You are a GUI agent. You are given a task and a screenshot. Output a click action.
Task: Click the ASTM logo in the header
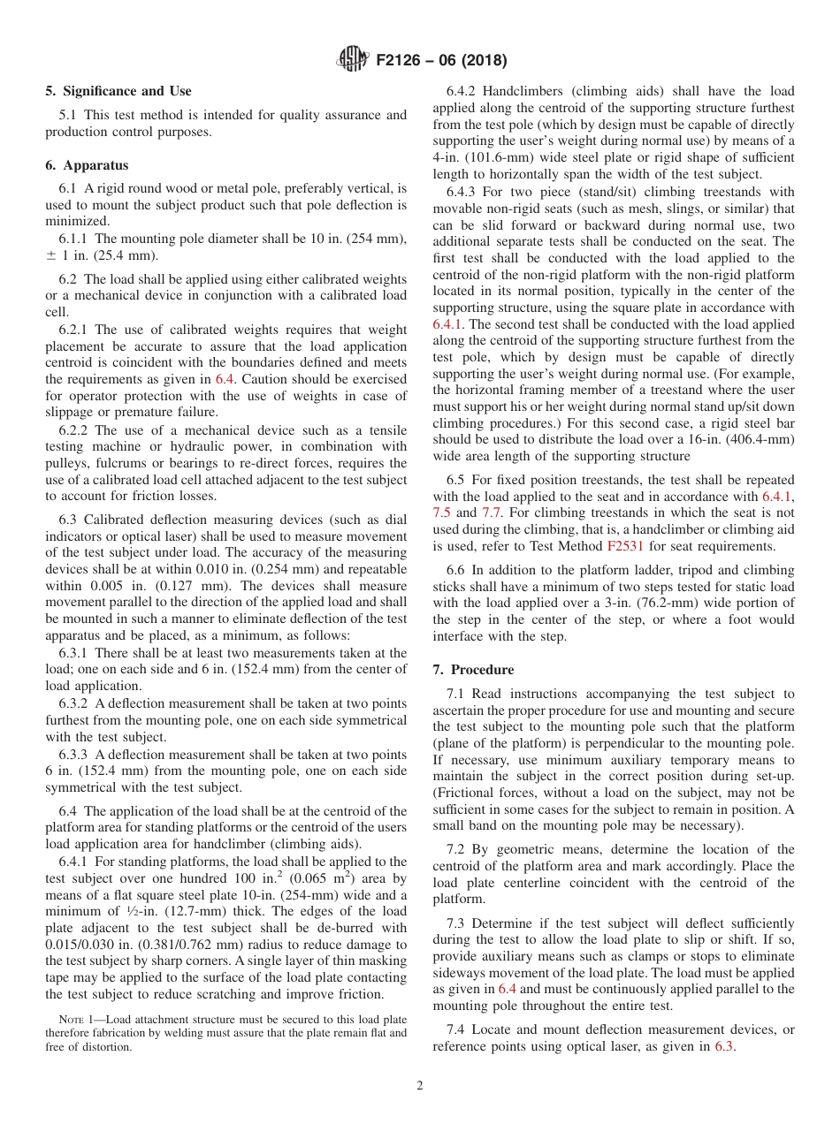point(354,60)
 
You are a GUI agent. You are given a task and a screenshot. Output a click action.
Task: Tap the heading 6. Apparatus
point(87,165)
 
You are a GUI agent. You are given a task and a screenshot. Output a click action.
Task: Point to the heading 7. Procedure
point(473,669)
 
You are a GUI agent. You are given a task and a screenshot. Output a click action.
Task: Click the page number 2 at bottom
point(420,1086)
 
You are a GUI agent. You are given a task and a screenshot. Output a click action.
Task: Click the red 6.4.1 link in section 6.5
point(778,496)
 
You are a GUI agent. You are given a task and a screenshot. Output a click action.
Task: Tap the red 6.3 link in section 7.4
point(724,1046)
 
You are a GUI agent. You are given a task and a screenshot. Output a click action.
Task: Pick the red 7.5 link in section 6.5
point(441,513)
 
